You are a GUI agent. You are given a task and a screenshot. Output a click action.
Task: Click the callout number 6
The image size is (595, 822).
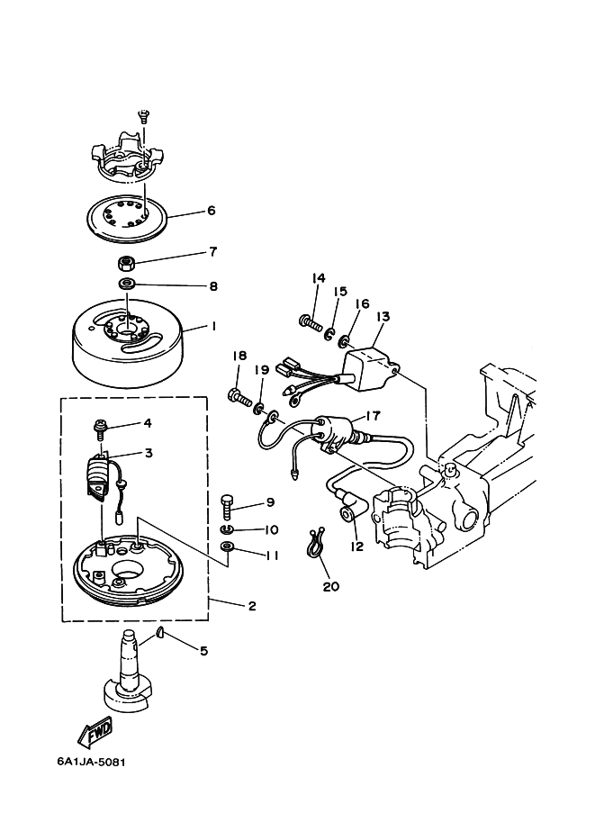pyautogui.click(x=211, y=211)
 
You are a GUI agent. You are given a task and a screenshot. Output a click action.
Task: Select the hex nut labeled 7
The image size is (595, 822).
pyautogui.click(x=127, y=264)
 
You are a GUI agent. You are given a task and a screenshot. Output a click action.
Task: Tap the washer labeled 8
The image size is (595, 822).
pyautogui.click(x=127, y=285)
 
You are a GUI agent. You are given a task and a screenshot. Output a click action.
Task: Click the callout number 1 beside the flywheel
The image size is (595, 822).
pyautogui.click(x=213, y=328)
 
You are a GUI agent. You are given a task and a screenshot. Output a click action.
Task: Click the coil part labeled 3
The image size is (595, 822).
pyautogui.click(x=101, y=474)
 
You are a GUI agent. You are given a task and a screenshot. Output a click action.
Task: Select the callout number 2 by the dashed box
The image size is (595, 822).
pyautogui.click(x=252, y=606)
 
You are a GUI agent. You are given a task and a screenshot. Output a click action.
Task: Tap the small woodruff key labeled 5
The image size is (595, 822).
pyautogui.click(x=159, y=633)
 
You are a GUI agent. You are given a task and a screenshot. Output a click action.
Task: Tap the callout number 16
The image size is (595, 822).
pyautogui.click(x=361, y=305)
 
